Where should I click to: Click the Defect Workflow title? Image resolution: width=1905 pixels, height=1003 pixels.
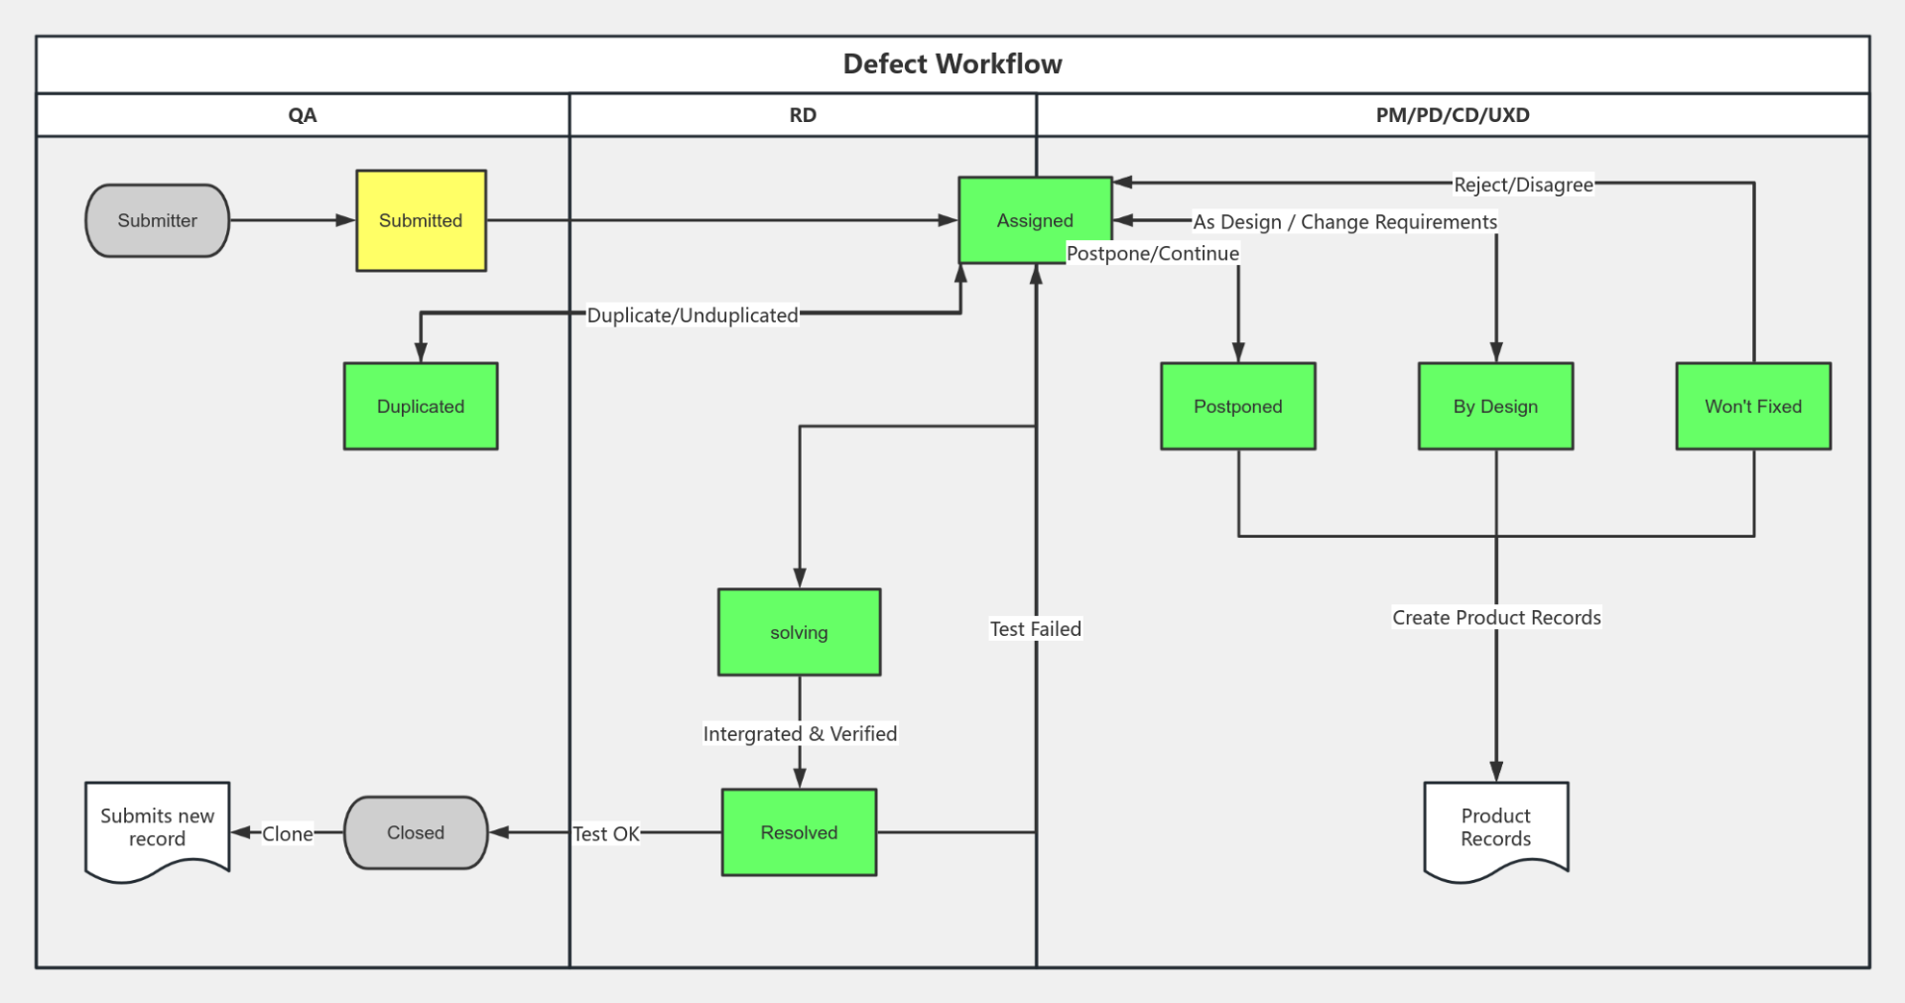(952, 64)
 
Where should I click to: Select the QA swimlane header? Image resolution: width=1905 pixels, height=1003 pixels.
(303, 115)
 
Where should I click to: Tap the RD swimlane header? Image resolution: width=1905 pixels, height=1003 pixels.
(803, 115)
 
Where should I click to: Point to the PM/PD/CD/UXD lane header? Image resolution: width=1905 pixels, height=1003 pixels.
(1453, 115)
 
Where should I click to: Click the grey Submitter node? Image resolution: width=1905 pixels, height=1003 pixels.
(157, 220)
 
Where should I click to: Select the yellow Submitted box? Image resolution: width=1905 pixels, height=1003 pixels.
(421, 220)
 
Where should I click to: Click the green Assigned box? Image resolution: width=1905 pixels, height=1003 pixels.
(1035, 220)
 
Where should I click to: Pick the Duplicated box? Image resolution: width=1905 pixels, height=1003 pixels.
(421, 406)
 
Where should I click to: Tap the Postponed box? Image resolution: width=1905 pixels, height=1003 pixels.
(1237, 406)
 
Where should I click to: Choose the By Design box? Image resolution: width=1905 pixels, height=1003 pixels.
(1495, 406)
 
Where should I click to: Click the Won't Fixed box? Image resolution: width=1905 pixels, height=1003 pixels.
(1753, 406)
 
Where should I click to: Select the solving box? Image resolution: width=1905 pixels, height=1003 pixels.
(799, 632)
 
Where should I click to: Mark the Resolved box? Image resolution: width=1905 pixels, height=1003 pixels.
(799, 832)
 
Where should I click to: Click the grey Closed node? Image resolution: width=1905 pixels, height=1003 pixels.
(416, 832)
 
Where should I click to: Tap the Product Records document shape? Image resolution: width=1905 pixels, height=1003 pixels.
(1495, 827)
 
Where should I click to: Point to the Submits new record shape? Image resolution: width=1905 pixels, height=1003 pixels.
(157, 827)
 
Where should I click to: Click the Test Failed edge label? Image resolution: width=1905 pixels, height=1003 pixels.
(1035, 629)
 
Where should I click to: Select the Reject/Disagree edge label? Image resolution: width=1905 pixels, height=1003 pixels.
(1523, 185)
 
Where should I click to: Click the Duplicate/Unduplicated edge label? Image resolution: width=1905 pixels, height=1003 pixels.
(692, 315)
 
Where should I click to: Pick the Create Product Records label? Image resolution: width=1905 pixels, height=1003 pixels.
(1496, 618)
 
